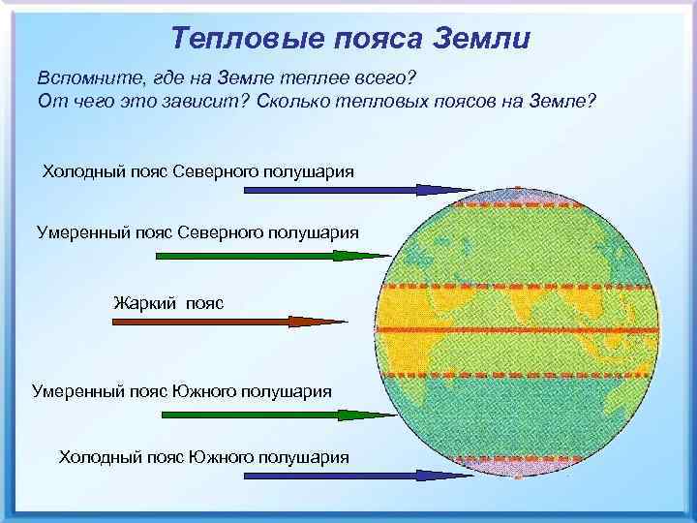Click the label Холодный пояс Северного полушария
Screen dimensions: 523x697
click(x=197, y=171)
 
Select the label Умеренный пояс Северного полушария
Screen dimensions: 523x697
click(x=197, y=233)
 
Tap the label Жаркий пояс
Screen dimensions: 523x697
click(x=168, y=303)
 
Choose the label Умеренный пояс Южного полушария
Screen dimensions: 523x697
click(x=182, y=392)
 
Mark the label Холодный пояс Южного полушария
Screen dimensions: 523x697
click(x=204, y=456)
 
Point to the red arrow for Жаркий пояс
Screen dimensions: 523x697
click(x=276, y=320)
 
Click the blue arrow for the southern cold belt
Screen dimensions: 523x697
click(x=344, y=476)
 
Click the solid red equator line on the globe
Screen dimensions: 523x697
click(x=523, y=330)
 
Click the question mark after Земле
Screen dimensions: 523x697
click(x=588, y=103)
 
